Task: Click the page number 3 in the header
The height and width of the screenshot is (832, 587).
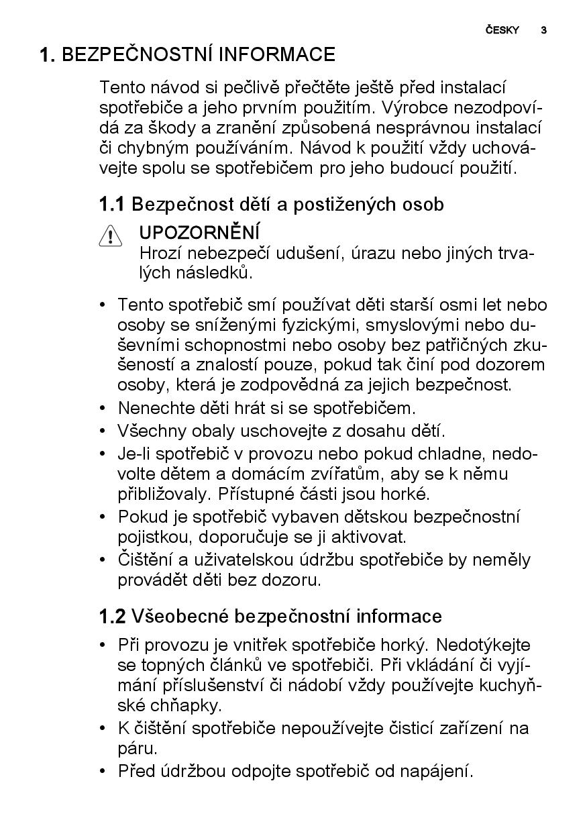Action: point(543,30)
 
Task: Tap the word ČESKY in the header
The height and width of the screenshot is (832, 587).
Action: point(502,30)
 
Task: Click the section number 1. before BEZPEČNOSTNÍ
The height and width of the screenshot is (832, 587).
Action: point(47,55)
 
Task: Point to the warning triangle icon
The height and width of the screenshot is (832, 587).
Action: point(110,237)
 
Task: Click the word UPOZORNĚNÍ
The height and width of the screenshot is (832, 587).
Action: point(199,233)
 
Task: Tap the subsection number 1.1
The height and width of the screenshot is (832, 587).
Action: point(112,204)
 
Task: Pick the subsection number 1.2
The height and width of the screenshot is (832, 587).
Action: point(112,616)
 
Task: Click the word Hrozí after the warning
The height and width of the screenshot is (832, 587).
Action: point(161,253)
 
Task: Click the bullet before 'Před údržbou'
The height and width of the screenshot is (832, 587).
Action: point(103,771)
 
